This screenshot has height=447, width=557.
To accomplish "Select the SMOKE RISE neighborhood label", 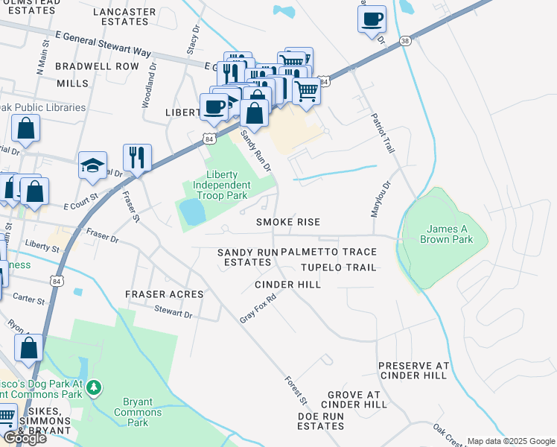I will click(288, 222).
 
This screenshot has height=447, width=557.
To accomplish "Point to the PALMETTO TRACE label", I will click(328, 253).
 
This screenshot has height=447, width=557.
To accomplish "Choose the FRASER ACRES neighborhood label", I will click(164, 295).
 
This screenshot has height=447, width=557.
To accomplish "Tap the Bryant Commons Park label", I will click(137, 412).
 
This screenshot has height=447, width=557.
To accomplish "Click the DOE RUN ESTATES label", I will click(321, 421).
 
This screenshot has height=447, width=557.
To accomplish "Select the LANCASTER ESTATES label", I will click(126, 17).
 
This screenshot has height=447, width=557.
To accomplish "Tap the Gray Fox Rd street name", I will click(258, 307).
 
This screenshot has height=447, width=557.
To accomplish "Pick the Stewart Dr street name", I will click(174, 313).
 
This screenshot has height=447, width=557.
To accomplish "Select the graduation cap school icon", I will click(93, 165).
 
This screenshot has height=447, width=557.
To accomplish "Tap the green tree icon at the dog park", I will click(94, 387).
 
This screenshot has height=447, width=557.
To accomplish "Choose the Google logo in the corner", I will click(24, 438).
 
